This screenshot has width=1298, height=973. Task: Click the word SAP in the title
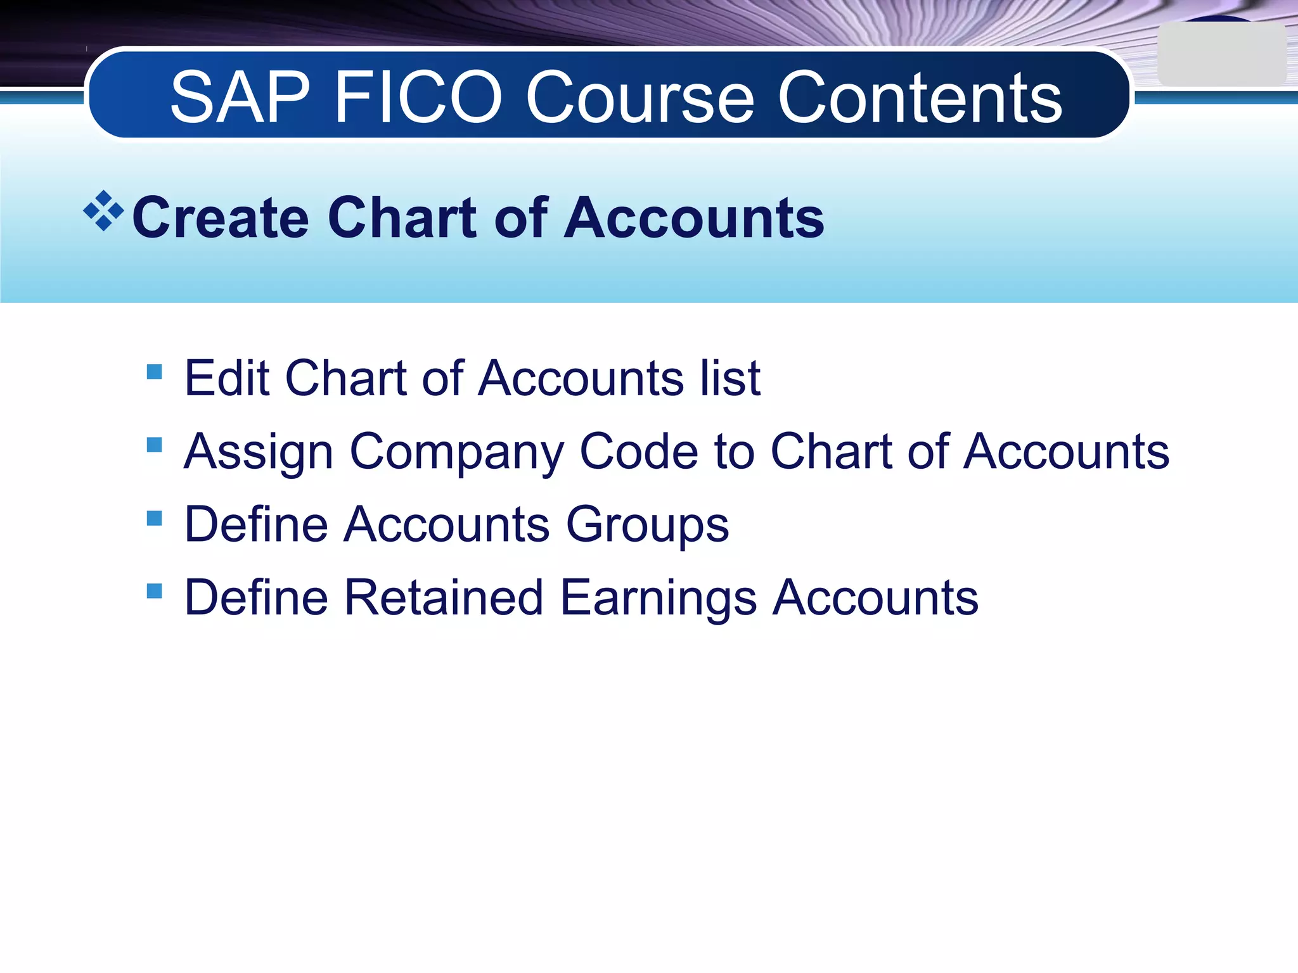pos(240,98)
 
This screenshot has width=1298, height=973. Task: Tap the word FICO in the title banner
pos(418,98)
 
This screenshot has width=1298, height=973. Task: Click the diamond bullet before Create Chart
pos(103,211)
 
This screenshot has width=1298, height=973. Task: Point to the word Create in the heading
pos(220,218)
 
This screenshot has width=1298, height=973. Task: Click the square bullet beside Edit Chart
pos(154,371)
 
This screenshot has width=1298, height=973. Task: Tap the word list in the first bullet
pos(730,378)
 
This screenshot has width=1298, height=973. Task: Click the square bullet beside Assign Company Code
pos(154,445)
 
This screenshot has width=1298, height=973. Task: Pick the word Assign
pos(258,452)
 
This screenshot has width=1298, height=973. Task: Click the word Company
pos(456,452)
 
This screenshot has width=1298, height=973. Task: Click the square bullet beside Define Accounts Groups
pos(154,518)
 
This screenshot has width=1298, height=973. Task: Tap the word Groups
pos(647,526)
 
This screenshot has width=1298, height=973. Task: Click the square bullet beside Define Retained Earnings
pos(154,591)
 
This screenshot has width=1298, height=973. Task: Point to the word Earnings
pos(659,599)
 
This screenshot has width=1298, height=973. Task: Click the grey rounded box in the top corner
pos(1221,54)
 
